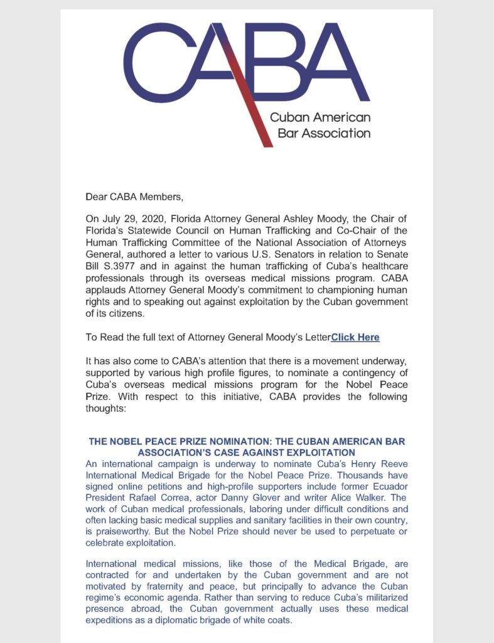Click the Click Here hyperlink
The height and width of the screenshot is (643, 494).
coord(355,337)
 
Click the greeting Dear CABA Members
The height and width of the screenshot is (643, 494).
coord(134,197)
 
